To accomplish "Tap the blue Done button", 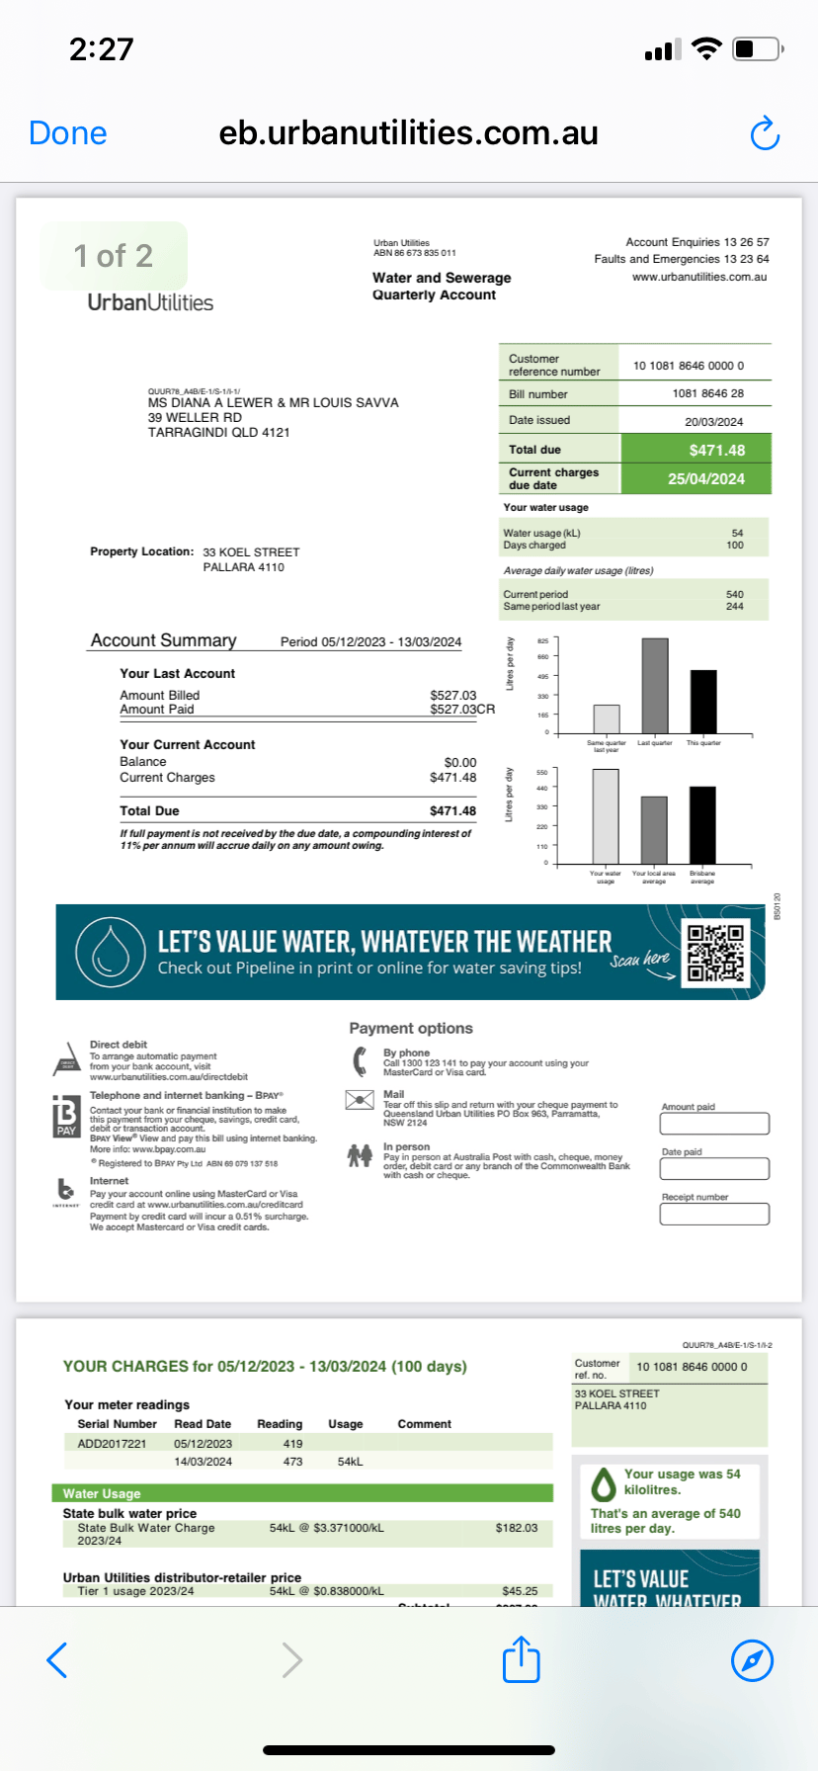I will coord(68,133).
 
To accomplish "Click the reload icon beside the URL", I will coord(765,133).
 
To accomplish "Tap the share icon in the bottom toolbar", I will coord(522,1659).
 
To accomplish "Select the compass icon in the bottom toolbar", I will coord(752,1660).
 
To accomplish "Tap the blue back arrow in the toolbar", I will coord(57,1660).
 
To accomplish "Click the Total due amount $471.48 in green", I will coord(716,451).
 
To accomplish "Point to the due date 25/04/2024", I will coord(705,479).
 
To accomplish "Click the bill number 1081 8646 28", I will coord(707,393).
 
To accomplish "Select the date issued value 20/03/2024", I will coord(713,422).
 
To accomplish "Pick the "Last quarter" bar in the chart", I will coord(654,685).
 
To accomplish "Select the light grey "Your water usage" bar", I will coord(606,815).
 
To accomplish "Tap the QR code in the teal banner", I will coord(716,953).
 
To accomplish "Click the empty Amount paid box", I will coord(714,1124).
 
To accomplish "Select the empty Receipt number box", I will coord(714,1215).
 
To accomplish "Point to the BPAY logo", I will coord(66,1115).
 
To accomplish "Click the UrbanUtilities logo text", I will coord(150,302).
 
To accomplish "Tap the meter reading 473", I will coord(292,1462).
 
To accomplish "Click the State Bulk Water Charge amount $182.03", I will coord(517,1528).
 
